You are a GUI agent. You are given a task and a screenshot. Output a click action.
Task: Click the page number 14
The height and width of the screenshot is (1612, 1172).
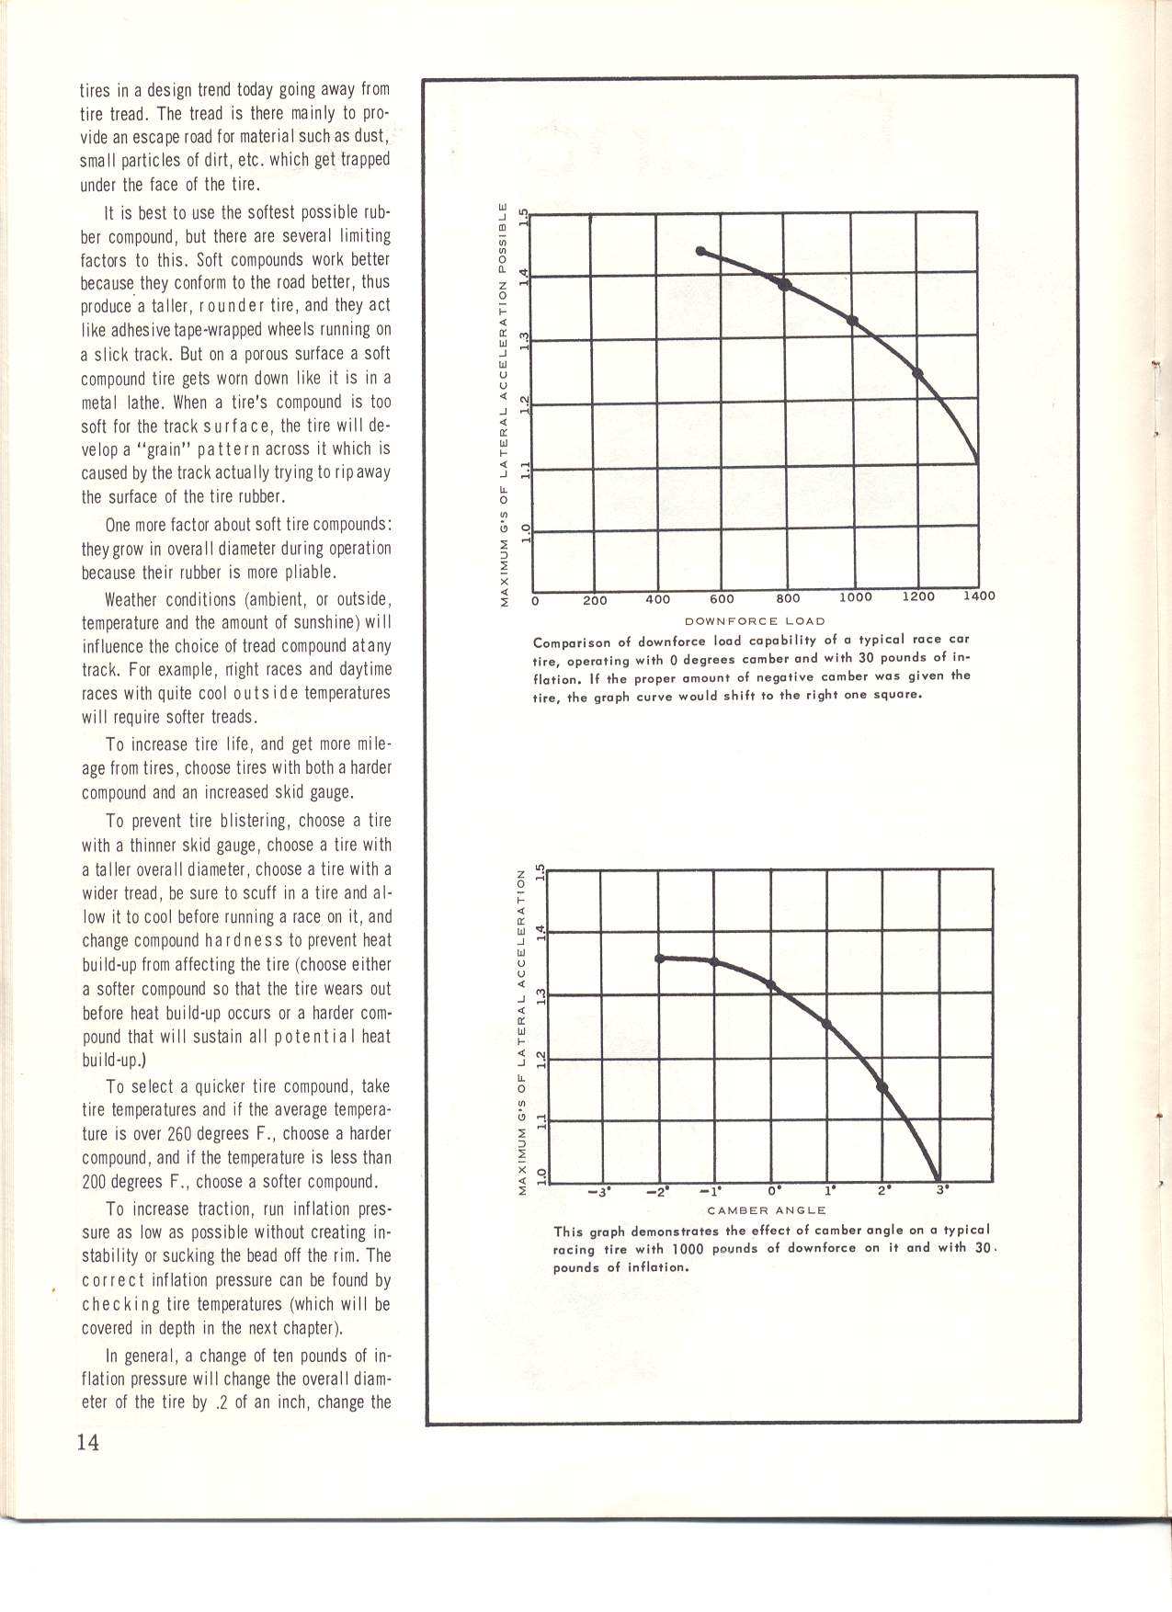[88, 1441]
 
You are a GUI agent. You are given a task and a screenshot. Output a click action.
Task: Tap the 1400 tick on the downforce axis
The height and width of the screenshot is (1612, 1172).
[978, 596]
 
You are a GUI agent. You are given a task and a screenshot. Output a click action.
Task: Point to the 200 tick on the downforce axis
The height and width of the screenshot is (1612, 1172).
[595, 600]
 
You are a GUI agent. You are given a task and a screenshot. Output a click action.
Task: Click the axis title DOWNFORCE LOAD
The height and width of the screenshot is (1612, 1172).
[755, 620]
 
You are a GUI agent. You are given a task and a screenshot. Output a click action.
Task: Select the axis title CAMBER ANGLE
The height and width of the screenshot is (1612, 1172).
[767, 1209]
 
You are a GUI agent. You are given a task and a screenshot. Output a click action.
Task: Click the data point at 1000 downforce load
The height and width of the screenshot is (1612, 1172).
[852, 320]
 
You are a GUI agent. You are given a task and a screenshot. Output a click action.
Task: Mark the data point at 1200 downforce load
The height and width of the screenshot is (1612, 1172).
[917, 373]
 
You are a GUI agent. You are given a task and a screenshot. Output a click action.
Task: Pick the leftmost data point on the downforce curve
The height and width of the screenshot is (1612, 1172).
[700, 251]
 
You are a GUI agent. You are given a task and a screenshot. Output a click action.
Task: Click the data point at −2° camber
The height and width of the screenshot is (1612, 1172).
[659, 959]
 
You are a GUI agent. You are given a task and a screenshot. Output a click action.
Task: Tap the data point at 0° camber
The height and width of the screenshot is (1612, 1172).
[770, 985]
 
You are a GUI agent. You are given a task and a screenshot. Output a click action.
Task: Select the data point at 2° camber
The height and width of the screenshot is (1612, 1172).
[882, 1087]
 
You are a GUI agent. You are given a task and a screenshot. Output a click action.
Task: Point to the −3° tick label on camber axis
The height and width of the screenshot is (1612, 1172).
[600, 1193]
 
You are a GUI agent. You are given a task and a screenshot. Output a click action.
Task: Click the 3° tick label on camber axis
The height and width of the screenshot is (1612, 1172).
[941, 1192]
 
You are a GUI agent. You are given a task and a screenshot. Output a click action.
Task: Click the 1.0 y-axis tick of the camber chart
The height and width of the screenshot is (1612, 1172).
[540, 1174]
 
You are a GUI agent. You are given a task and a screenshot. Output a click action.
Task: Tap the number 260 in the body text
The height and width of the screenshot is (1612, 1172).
[252, 1134]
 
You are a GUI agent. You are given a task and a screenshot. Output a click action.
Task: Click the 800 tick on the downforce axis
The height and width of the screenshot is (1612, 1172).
[788, 598]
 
